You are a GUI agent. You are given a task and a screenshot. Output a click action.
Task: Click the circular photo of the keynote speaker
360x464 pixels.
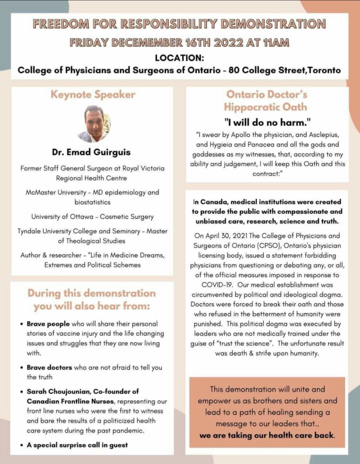click(93, 124)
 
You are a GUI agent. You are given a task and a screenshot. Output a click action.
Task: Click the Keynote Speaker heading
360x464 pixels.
click(93, 95)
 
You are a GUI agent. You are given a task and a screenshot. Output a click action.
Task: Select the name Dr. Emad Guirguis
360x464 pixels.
click(91, 152)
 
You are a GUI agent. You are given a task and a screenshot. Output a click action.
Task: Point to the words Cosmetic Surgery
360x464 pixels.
click(127, 217)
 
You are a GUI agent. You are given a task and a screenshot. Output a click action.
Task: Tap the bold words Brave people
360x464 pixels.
click(48, 324)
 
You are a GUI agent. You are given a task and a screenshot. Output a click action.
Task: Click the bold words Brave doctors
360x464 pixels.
click(49, 367)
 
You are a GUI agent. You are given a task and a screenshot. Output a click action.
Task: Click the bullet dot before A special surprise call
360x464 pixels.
click(21, 445)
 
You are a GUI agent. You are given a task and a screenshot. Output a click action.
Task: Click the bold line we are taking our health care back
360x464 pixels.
click(267, 435)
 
